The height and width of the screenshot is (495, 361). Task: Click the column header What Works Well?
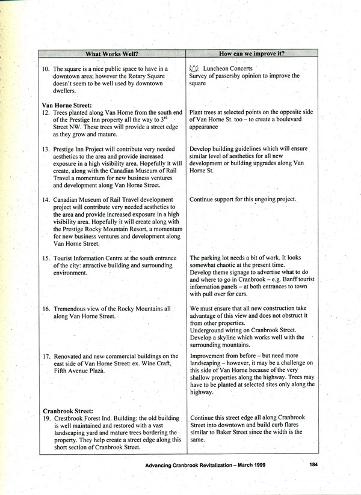point(111,53)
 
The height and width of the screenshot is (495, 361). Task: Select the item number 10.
point(46,69)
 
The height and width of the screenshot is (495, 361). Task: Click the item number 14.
point(46,199)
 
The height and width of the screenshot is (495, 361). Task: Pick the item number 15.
point(46,258)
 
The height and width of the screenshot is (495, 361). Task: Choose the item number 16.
point(46,308)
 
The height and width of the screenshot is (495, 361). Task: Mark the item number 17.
point(46,356)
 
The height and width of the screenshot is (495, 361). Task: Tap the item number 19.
point(46,418)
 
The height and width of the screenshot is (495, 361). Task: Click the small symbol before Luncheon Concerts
point(193,68)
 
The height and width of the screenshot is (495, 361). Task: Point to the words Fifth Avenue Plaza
point(79,371)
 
